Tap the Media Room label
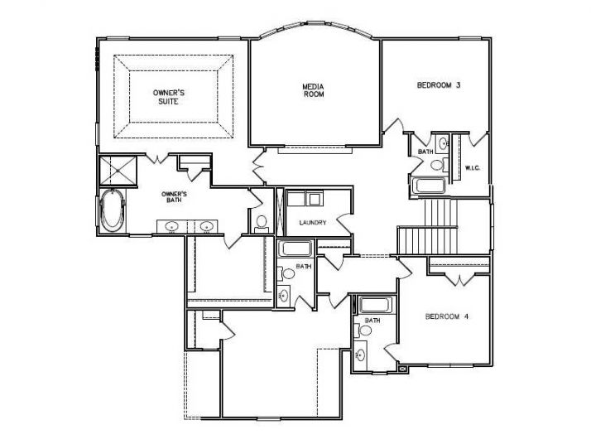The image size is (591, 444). (x=313, y=89)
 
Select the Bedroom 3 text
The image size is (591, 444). (x=438, y=84)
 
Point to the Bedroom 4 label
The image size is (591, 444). (x=446, y=316)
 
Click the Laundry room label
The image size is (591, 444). (x=312, y=223)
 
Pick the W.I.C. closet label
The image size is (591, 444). (x=473, y=168)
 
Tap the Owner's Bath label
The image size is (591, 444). (x=174, y=196)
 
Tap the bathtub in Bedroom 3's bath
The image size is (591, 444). (x=428, y=186)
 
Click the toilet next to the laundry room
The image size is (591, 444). (x=262, y=221)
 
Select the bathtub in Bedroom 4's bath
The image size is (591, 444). (x=373, y=303)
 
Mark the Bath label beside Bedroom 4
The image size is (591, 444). (x=372, y=321)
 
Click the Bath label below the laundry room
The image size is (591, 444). (x=304, y=267)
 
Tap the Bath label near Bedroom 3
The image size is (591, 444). (x=425, y=152)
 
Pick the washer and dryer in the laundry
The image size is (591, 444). (x=303, y=199)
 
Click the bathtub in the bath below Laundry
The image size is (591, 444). (x=295, y=248)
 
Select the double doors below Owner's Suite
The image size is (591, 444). (x=258, y=166)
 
